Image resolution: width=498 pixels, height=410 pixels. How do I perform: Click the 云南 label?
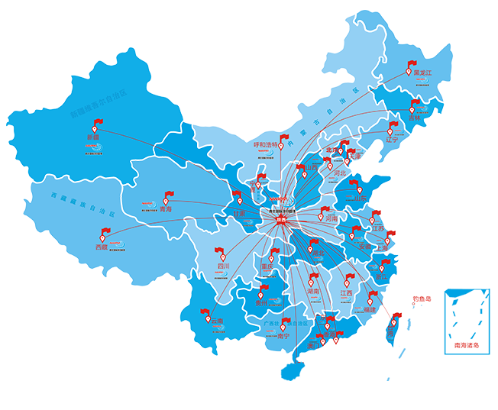[x=217, y=321]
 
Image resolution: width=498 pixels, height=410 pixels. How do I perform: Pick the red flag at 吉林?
[x=416, y=105]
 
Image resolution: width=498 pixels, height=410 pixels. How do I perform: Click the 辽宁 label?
[x=393, y=140]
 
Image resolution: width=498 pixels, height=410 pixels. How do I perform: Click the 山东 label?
[x=357, y=199]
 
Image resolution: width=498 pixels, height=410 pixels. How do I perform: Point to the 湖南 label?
[x=314, y=292]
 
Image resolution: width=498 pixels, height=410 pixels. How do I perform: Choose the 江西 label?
[x=346, y=292]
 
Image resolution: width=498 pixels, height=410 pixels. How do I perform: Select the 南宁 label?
[x=283, y=334]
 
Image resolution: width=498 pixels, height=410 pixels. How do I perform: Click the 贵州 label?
[x=262, y=303]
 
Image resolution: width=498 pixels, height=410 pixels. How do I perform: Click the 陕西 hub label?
[x=284, y=218]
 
